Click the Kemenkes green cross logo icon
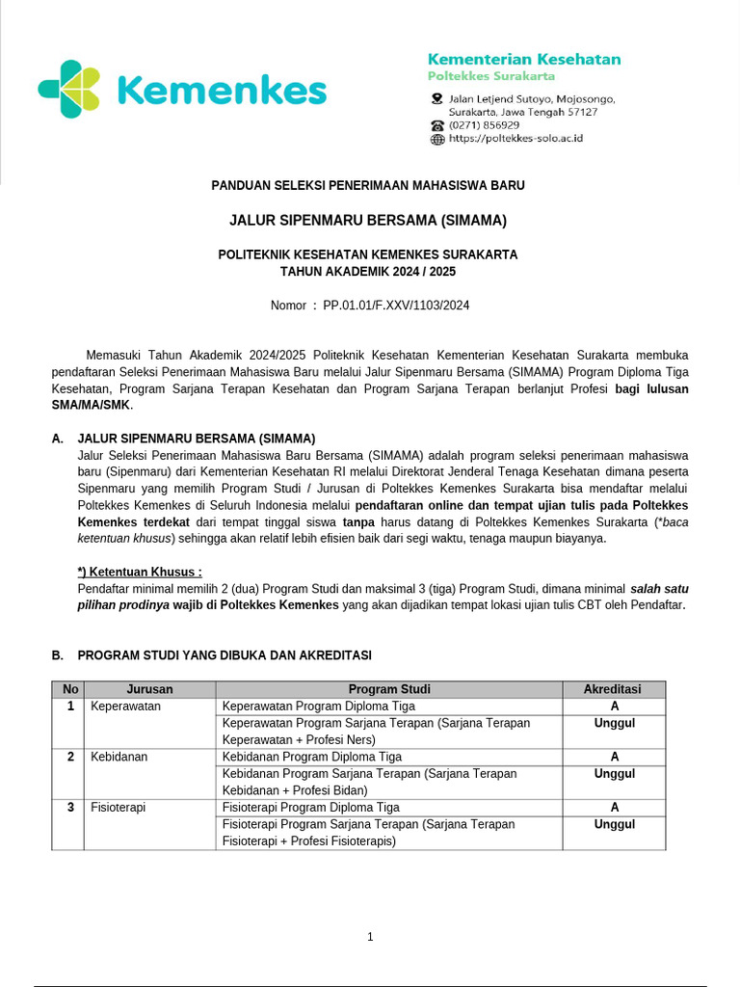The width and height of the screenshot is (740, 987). tap(68, 90)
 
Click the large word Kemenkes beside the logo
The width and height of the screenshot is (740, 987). tap(221, 92)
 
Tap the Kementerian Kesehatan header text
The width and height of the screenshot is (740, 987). tap(523, 59)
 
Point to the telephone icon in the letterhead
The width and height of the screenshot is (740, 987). tap(437, 125)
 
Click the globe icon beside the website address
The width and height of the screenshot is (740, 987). tap(437, 139)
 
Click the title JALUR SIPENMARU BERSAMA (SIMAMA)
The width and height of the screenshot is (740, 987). tap(368, 220)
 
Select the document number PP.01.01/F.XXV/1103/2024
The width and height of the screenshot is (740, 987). tap(396, 305)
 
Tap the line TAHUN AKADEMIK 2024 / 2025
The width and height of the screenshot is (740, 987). tap(368, 272)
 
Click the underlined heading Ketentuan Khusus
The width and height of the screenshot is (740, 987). tap(140, 571)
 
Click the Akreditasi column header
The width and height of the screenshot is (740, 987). tap(613, 689)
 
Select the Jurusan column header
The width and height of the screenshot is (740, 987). tap(149, 689)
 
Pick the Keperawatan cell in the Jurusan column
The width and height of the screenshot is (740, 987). tap(125, 707)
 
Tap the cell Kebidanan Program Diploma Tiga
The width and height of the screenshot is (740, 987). tap(312, 757)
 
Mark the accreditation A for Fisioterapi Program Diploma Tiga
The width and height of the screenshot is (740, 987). tap(614, 808)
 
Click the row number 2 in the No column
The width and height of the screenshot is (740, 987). tap(70, 757)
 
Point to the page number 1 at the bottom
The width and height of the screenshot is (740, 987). tap(370, 937)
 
